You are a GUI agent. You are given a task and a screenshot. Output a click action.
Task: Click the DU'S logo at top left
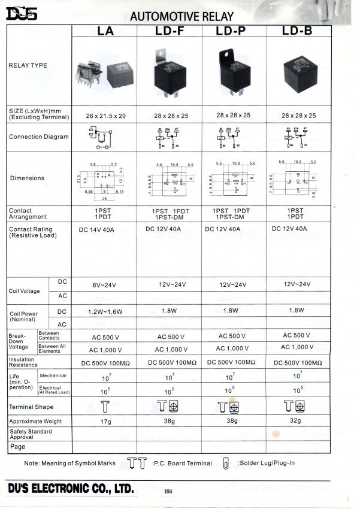tap(22, 13)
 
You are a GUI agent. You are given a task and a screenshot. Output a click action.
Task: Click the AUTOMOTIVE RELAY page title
tap(181, 15)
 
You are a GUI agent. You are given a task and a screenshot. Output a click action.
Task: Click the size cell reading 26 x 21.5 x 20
tap(105, 115)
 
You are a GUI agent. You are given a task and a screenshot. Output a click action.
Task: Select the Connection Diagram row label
tap(38, 137)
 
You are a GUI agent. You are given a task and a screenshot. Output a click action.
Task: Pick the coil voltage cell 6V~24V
tap(105, 284)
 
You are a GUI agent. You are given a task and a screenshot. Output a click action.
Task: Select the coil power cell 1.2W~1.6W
tap(105, 312)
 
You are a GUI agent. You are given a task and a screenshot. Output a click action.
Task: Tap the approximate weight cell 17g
tap(105, 422)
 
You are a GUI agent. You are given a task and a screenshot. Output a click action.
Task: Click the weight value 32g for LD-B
tap(298, 421)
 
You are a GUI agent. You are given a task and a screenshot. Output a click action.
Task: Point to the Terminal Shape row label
tap(34, 407)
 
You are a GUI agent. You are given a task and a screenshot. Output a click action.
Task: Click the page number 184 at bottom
tap(168, 492)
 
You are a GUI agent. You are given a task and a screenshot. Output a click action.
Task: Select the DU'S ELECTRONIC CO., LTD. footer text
tap(71, 489)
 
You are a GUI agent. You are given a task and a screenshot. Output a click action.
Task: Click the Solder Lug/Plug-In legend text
tap(266, 463)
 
